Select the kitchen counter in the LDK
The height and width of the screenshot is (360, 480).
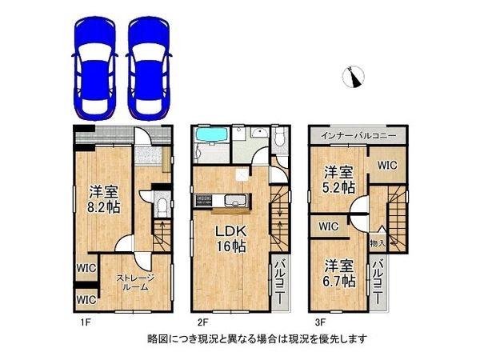click(226, 199)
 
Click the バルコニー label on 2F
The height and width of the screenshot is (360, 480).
click(281, 281)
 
